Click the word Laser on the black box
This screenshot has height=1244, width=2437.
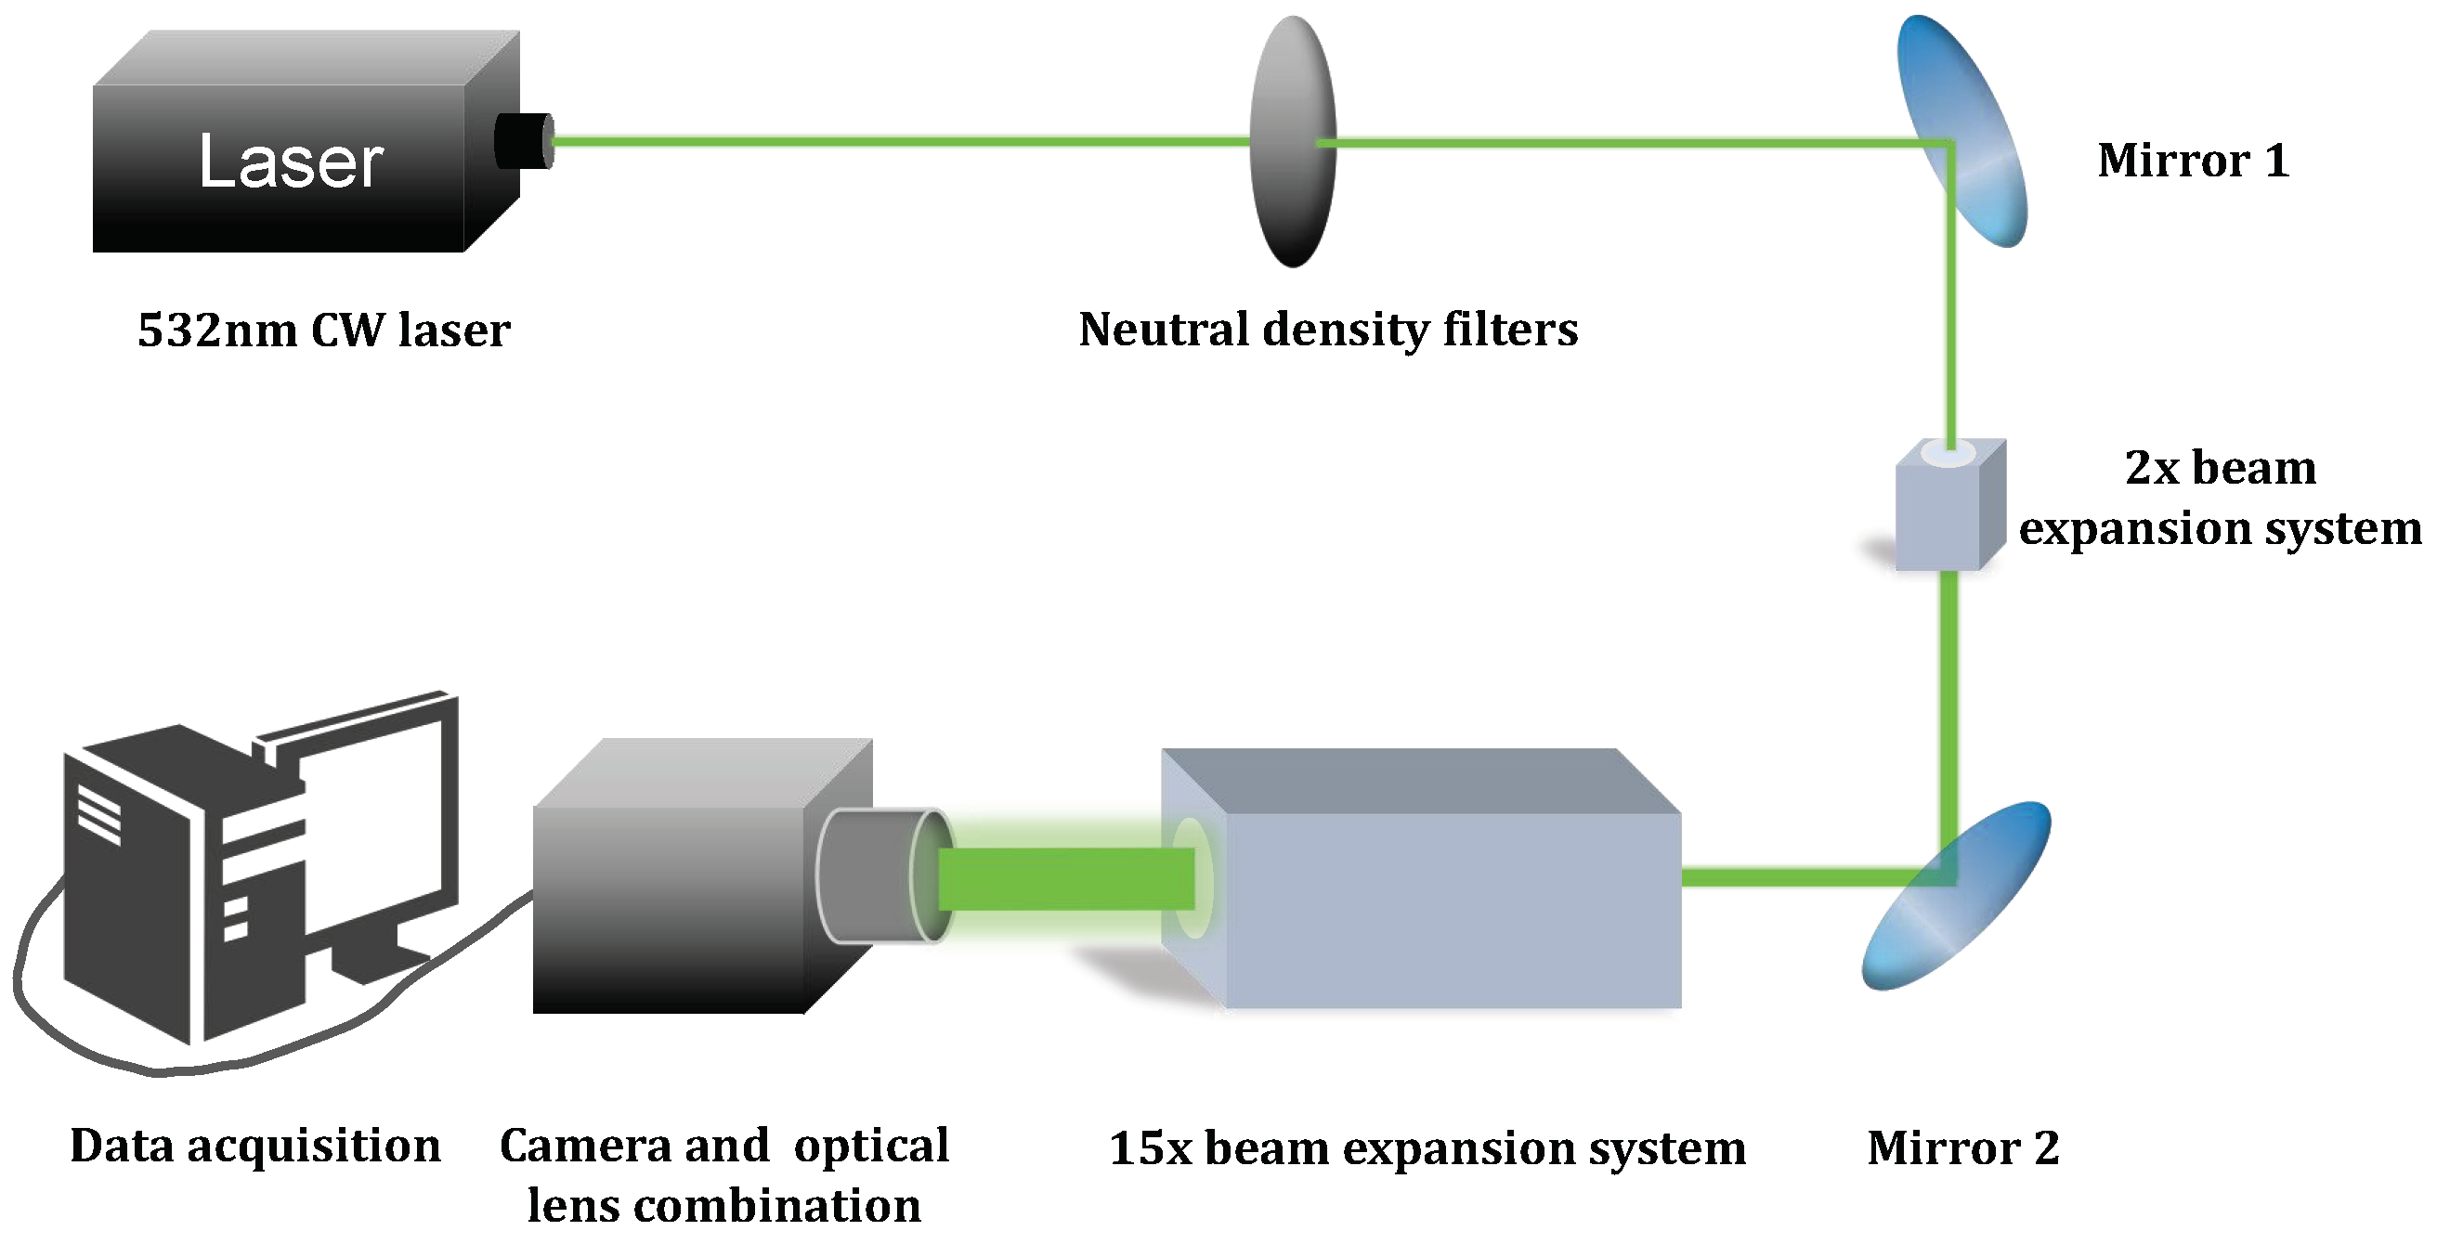291,162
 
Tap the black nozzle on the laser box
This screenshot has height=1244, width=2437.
523,141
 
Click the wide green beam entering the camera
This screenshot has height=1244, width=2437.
1064,879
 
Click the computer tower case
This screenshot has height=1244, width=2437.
133,899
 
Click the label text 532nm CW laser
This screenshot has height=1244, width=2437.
323,330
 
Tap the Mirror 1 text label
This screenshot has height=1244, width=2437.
2193,160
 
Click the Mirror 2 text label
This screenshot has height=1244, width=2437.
1962,1147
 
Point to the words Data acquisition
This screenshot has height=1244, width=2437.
255,1146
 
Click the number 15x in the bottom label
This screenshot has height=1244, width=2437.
1151,1147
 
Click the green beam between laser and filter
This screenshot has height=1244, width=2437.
899,142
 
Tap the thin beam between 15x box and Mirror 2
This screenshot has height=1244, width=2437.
1797,878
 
